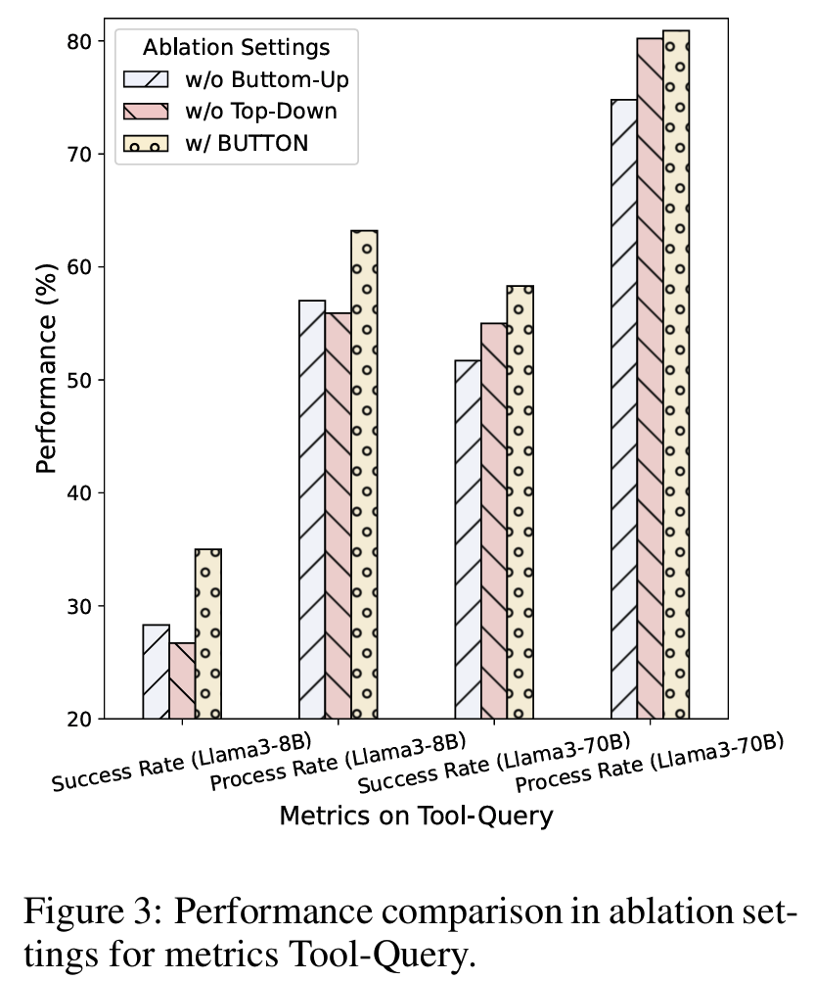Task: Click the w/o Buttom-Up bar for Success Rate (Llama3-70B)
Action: (468, 539)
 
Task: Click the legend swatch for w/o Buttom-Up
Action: (145, 79)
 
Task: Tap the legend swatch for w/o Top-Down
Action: (145, 111)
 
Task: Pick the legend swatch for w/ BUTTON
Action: (145, 143)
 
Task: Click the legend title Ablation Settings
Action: (236, 47)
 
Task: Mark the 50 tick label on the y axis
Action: (81, 380)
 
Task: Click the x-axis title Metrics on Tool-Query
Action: (416, 815)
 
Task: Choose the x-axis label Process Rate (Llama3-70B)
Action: (650, 763)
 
